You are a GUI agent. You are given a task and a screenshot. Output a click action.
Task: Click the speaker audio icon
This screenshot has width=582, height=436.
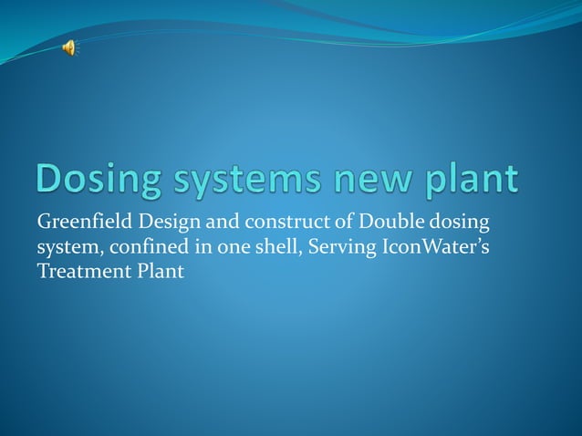pos(69,48)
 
